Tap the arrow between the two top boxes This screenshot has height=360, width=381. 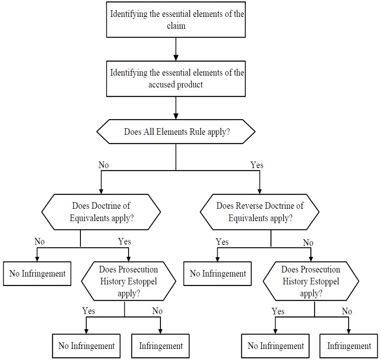tap(176, 49)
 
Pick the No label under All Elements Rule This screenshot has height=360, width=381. tap(104, 165)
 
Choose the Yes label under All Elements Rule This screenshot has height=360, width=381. tap(257, 165)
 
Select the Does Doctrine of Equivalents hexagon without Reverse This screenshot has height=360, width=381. tap(101, 212)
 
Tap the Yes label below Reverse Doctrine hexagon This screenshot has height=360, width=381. tap(222, 242)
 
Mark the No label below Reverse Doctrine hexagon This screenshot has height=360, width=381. tap(308, 242)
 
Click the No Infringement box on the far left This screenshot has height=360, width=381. tap(37, 273)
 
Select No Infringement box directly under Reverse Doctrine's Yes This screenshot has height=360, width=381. tap(218, 273)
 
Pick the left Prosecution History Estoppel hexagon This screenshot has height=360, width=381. tap(129, 282)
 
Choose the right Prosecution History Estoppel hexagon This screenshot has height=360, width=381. tap(311, 282)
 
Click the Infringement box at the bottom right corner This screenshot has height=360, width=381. tap(349, 346)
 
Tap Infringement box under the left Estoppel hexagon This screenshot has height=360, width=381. tap(161, 346)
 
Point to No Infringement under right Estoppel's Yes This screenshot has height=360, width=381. tap(276, 346)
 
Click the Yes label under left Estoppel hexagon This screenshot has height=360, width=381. tap(89, 311)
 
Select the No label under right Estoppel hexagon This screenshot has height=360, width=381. tap(347, 311)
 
